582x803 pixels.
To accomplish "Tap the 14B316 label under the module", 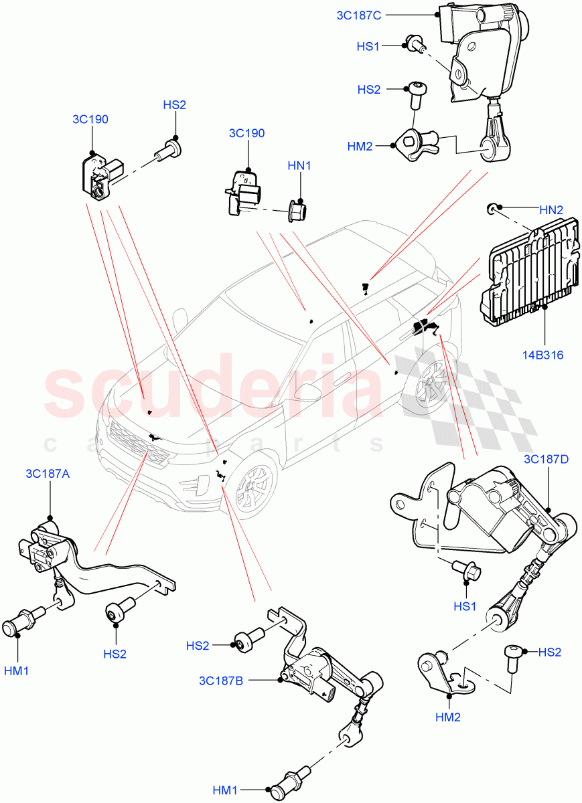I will [544, 355].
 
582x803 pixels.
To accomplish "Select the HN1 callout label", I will [299, 165].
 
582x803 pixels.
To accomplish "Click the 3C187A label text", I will [48, 474].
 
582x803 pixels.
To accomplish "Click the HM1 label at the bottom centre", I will [226, 791].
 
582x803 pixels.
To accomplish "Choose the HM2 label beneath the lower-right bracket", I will [448, 717].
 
